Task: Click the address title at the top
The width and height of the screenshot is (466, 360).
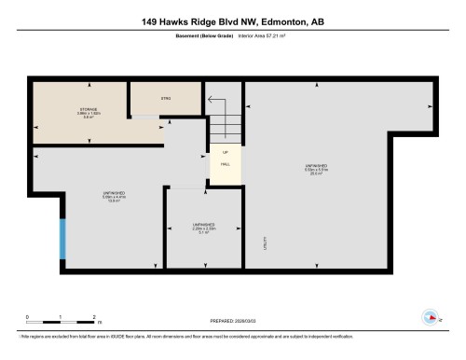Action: tap(232, 21)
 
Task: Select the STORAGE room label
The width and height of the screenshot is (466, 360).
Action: tap(88, 113)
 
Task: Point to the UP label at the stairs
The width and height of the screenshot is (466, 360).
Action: tap(224, 152)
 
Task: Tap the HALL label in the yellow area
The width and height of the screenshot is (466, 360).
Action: tap(224, 164)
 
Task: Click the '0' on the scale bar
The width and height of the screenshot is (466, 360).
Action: tap(28, 317)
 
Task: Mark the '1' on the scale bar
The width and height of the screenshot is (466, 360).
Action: tap(55, 317)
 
